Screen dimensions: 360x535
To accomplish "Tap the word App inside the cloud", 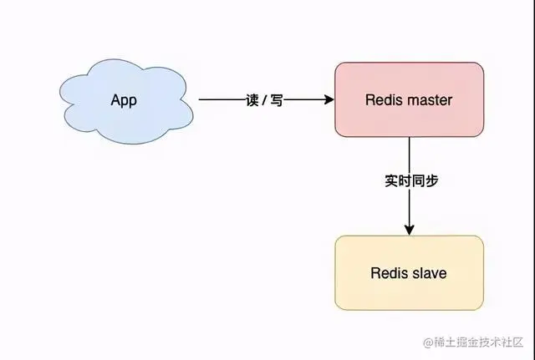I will pos(123,100).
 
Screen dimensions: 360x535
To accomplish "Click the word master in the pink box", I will pos(426,100).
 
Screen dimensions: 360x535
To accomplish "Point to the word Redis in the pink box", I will pos(382,100).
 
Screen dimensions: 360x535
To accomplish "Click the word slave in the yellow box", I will pos(430,273).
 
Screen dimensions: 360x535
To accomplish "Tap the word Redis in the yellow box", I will pos(388,273).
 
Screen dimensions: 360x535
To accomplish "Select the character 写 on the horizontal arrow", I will pos(276,100).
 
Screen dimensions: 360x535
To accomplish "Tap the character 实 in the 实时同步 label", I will pos(390,180).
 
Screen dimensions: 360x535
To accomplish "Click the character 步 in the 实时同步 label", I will pos(428,180).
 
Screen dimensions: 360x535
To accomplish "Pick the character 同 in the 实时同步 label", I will pos(415,180).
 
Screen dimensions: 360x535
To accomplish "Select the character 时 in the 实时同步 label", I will pos(402,180).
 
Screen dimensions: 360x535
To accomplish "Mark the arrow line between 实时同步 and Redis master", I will pos(409,155).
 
